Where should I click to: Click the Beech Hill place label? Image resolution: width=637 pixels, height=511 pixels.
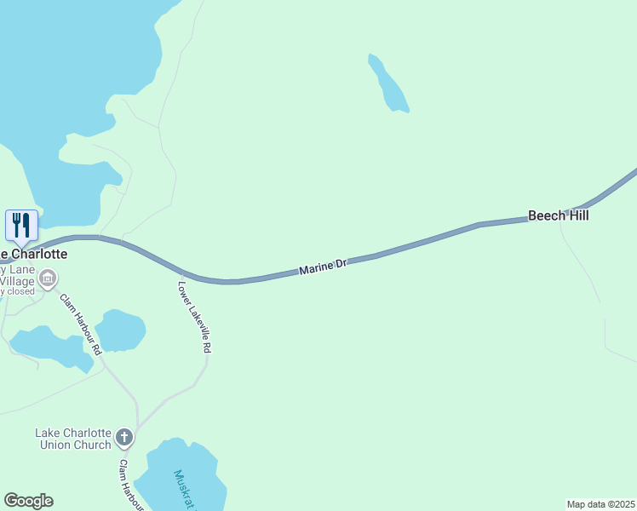coord(558,216)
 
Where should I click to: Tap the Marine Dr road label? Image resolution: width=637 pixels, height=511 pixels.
coord(324,267)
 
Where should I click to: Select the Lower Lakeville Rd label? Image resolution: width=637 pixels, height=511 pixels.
coord(194,317)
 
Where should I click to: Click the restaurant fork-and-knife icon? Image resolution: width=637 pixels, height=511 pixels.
coord(21,225)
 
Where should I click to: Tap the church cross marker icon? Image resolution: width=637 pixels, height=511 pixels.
coord(124,439)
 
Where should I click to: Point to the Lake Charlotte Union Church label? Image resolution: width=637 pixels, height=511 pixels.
coord(73,439)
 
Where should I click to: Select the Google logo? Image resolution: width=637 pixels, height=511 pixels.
coord(28,501)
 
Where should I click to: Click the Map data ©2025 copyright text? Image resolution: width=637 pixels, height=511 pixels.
coord(600,504)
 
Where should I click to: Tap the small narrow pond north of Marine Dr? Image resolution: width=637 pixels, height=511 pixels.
coord(389,84)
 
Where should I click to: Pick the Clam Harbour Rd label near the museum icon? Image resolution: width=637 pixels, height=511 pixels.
coord(81,324)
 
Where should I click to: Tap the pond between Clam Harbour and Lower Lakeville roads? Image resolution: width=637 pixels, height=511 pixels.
coord(120,330)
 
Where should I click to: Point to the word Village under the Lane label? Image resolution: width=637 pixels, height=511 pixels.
coord(16,279)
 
